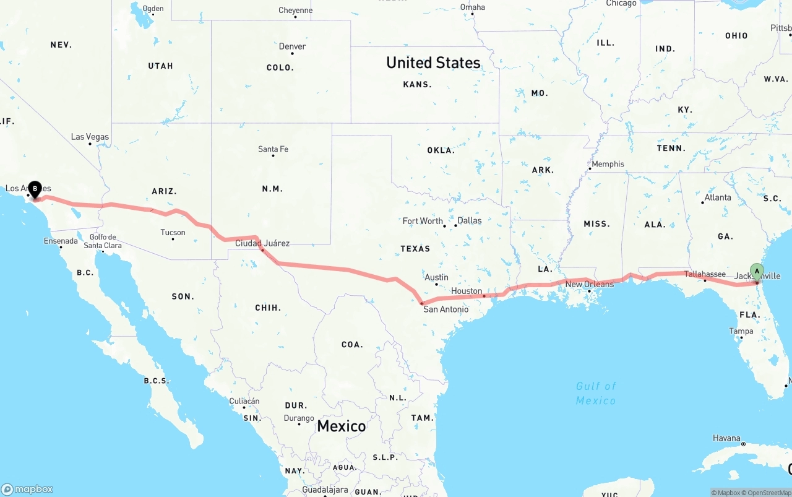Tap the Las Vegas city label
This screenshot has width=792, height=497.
click(90, 137)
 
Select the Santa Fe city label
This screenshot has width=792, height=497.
click(273, 149)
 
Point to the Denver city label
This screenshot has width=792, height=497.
click(292, 46)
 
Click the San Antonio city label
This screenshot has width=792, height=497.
click(445, 309)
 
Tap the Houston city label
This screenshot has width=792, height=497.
click(467, 291)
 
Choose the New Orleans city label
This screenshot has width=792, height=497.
click(590, 284)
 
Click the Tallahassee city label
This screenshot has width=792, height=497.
click(705, 274)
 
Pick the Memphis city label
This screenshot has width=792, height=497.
click(608, 164)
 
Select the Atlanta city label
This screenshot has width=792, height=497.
click(717, 197)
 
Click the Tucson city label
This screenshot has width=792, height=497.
click(173, 233)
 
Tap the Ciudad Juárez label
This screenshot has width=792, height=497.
click(262, 243)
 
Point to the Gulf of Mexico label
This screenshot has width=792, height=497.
click(596, 393)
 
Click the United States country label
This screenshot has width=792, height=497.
click(433, 63)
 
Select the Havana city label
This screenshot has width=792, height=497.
click(726, 438)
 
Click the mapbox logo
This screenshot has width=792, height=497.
click(27, 489)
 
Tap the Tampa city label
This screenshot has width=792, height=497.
click(741, 331)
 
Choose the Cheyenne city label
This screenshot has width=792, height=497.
click(295, 11)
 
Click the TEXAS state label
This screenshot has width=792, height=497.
click(415, 249)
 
